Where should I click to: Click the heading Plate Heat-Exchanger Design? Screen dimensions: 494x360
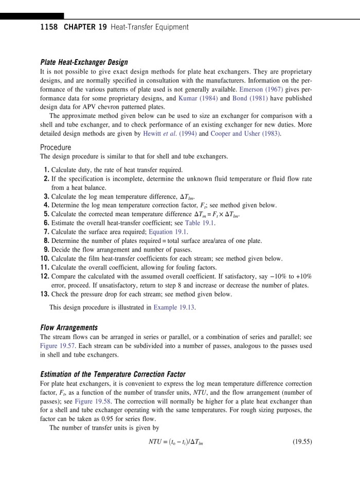pyautogui.click(x=84, y=62)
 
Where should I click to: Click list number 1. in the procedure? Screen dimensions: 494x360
pyautogui.click(x=46, y=170)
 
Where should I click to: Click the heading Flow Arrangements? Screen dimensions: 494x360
pyautogui.click(x=68, y=327)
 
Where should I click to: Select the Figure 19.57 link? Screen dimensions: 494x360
pyautogui.click(x=57, y=346)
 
